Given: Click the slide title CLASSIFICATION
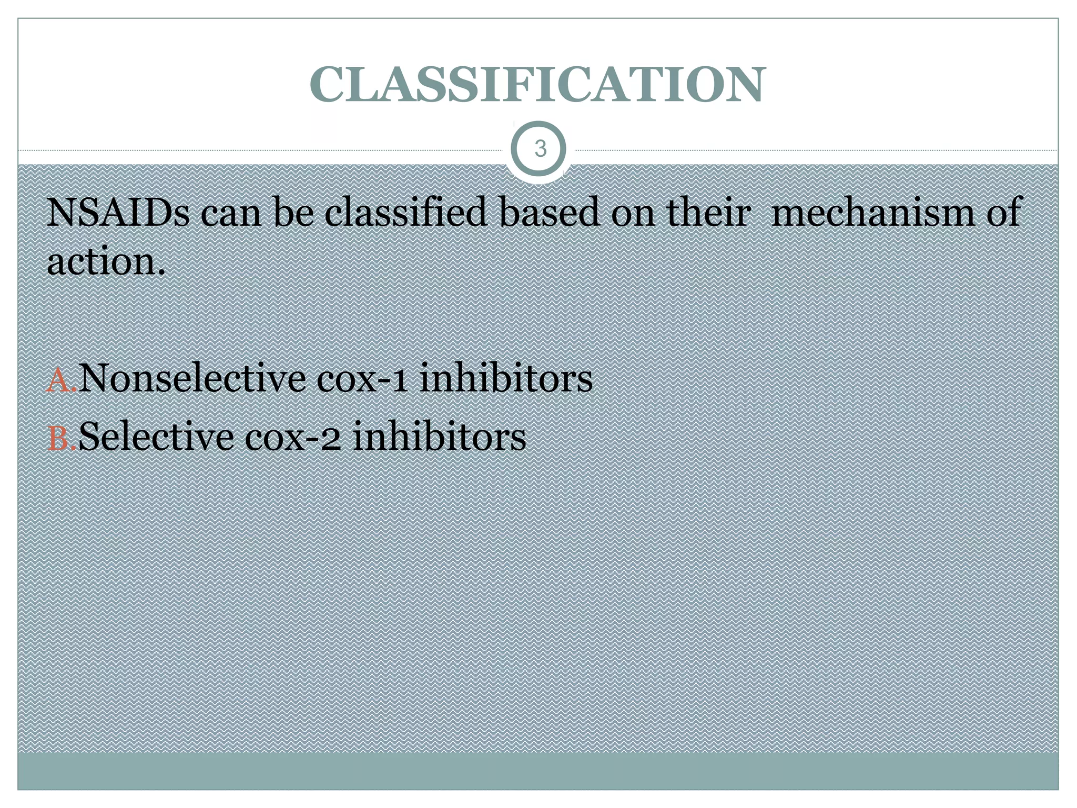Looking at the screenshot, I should click(537, 84).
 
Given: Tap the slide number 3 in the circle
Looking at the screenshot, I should click(540, 149).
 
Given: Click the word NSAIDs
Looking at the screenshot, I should click(118, 212).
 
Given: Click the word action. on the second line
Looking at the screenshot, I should click(106, 261).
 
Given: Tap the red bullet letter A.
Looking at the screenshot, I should click(59, 380).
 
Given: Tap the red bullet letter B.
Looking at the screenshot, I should click(59, 438).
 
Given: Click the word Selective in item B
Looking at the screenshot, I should click(156, 436).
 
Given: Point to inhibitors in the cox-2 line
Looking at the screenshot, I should click(439, 436).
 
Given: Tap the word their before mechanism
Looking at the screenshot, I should click(708, 212).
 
